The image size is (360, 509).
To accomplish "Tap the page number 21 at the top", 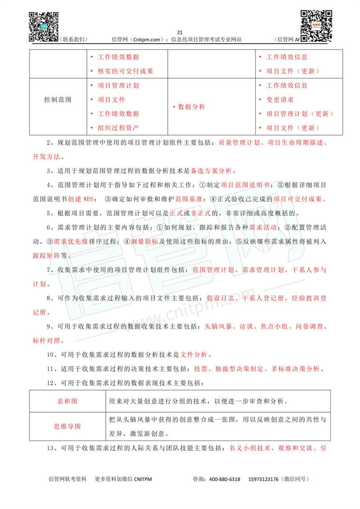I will pos(180,32).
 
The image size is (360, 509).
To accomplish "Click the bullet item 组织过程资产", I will pos(118,128).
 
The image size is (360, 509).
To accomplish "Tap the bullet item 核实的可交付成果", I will pos(125,71).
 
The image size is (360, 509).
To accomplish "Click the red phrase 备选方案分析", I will pos(211,171).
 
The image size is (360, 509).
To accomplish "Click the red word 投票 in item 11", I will pos(201,369).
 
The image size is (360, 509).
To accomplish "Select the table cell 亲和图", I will pos(67,401).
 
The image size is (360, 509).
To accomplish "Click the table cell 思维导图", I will pos(67,427).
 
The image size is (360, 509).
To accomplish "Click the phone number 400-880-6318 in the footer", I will pos(223,479).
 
